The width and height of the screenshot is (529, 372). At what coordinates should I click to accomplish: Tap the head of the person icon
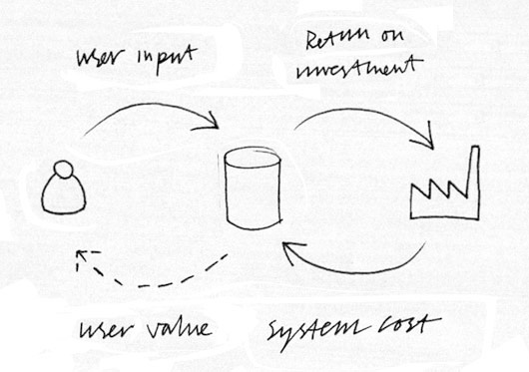tap(65, 173)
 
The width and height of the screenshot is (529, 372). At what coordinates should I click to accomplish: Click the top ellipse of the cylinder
tap(252, 156)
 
